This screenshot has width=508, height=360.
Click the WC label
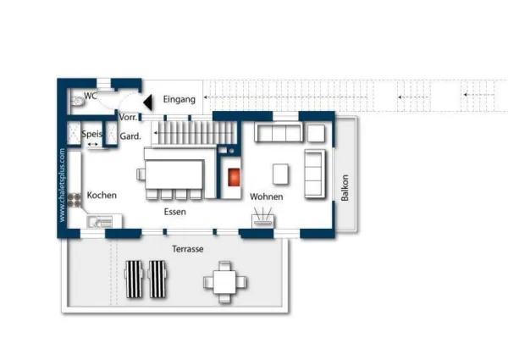(x=91, y=95)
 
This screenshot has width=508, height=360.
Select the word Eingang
(x=179, y=99)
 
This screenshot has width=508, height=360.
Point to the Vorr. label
(x=129, y=117)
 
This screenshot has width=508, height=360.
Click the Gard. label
(x=130, y=136)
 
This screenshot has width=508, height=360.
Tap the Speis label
(x=91, y=134)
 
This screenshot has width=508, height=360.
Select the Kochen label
(x=102, y=195)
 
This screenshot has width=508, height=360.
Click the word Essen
(x=175, y=212)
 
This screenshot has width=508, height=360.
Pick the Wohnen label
(x=266, y=197)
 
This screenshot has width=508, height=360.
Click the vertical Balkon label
(x=345, y=187)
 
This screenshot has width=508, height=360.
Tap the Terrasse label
(x=187, y=250)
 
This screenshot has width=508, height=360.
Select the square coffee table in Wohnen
(x=280, y=174)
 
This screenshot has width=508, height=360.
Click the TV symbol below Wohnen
(x=262, y=220)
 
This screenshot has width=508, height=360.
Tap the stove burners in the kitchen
(x=74, y=199)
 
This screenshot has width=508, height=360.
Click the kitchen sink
(x=99, y=223)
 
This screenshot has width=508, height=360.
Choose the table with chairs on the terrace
(x=224, y=282)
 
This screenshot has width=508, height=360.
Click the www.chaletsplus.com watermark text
(x=63, y=186)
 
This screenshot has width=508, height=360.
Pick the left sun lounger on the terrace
(x=135, y=279)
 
